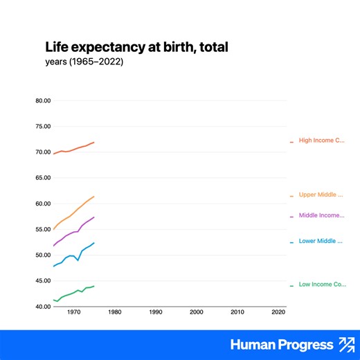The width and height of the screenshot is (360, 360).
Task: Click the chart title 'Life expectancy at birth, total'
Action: coord(136,47)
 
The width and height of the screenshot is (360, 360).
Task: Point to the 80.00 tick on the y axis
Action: coord(42,100)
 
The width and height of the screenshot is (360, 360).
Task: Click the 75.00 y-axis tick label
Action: coord(42,126)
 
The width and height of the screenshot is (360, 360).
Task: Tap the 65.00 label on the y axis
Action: coord(42,178)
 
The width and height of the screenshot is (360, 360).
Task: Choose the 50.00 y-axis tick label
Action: coord(42,255)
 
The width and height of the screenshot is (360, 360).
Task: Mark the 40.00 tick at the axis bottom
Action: coord(42,306)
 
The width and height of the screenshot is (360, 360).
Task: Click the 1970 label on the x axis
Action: coord(73,312)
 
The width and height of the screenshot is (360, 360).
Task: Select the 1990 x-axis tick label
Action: coord(155,312)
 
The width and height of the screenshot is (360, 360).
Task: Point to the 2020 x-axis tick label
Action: coord(278,312)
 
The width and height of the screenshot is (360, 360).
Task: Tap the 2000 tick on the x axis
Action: coord(197,312)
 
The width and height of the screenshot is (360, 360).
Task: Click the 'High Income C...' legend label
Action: coord(321,141)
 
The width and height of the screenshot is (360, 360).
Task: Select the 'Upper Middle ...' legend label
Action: coord(321,195)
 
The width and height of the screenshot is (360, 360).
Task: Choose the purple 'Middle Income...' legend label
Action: coord(321,215)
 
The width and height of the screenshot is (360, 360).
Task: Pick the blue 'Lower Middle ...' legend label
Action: coord(321,242)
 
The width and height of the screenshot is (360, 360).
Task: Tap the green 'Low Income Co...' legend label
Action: coord(322,285)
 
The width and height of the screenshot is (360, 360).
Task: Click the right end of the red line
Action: coord(93,142)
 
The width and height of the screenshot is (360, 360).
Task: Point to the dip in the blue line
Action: coord(78,260)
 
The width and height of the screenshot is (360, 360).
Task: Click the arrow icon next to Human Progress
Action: coord(345,345)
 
